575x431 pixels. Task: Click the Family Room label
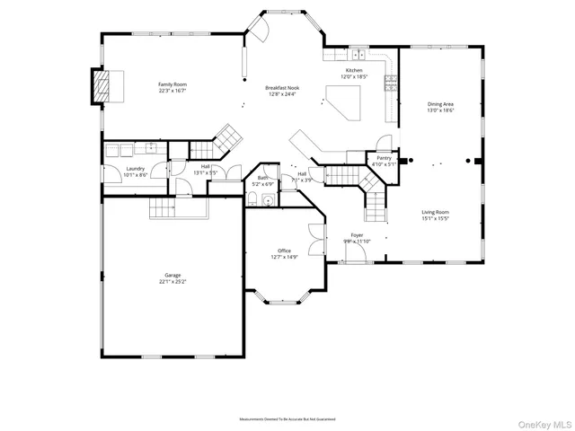point(172,84)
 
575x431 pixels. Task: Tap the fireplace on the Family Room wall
point(104,86)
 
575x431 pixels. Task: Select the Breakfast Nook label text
point(281,87)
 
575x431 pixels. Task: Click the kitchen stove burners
point(392,85)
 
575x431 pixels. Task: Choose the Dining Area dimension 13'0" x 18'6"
point(440,110)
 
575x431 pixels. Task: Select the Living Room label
point(435,213)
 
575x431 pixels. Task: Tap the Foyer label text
point(357,236)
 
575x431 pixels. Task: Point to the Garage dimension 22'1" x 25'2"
point(172,281)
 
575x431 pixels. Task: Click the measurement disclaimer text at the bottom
point(287,419)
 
